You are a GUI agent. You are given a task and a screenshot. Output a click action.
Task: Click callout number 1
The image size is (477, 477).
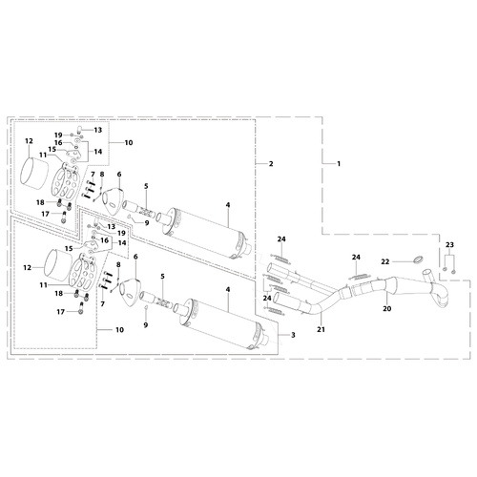pyautogui.click(x=339, y=164)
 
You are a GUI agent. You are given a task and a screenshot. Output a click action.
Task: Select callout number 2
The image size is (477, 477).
pyautogui.click(x=271, y=164)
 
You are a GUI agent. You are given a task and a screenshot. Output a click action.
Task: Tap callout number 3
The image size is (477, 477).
pyautogui.click(x=293, y=335)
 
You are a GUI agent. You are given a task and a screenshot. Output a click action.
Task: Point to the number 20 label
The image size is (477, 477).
pyautogui.click(x=387, y=308)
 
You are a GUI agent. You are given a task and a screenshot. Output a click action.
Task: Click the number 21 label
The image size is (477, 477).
pyautogui.click(x=321, y=329)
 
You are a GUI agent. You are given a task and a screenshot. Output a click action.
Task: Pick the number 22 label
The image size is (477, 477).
pyautogui.click(x=385, y=261)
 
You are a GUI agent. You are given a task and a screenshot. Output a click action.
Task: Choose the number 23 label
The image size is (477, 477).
pyautogui.click(x=449, y=245)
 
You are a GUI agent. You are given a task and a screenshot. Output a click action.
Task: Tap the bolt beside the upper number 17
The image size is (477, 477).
pyautogui.click(x=64, y=218)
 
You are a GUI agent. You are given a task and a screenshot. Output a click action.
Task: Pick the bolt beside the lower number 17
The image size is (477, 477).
pyautogui.click(x=81, y=308)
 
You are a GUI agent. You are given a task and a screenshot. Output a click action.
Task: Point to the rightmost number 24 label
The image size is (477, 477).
pyautogui.click(x=356, y=257)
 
